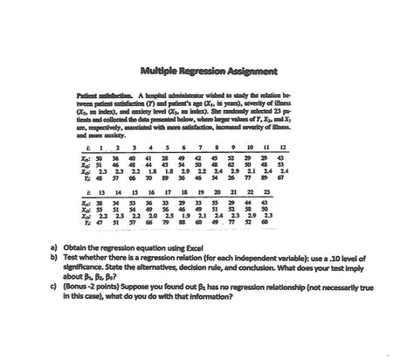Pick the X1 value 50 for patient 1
tap(112, 156)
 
